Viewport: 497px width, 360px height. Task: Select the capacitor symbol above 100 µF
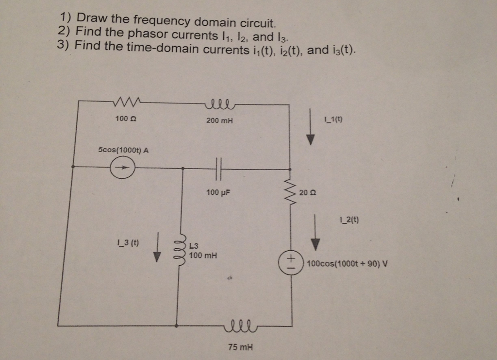point(218,169)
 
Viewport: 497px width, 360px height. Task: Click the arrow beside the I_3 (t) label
point(157,248)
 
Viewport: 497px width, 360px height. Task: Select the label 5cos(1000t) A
point(123,150)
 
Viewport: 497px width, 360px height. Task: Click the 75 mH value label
point(240,347)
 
